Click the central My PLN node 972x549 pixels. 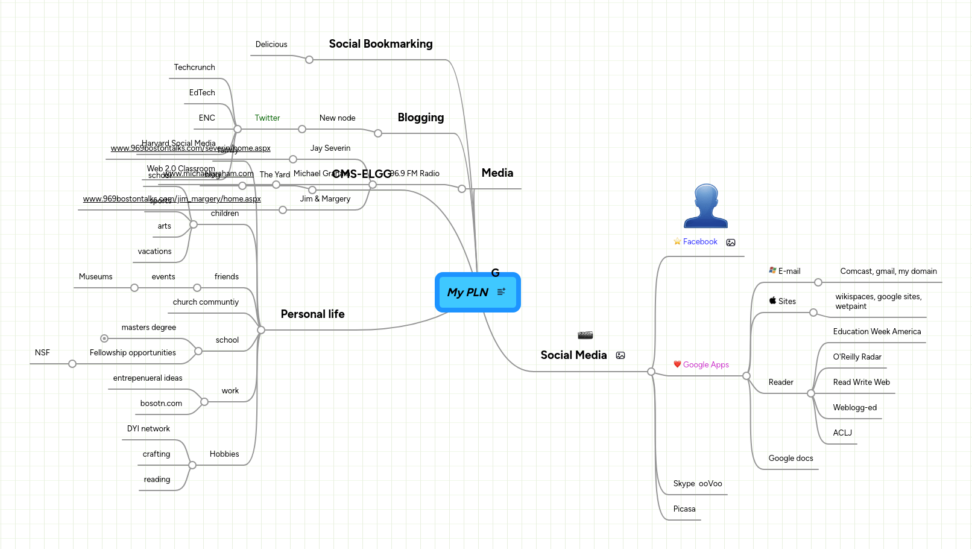click(x=468, y=293)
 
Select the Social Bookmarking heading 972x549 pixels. click(x=380, y=44)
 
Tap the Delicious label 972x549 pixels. click(x=271, y=45)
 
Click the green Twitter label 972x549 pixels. click(x=267, y=118)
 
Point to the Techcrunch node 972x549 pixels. click(x=194, y=68)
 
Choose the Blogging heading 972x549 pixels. click(x=420, y=118)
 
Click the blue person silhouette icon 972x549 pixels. click(x=705, y=206)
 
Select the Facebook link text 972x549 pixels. click(x=699, y=242)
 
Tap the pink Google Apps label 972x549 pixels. click(x=705, y=365)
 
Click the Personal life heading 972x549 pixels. click(x=312, y=314)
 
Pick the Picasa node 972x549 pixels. click(x=684, y=509)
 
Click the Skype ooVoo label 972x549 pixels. click(x=697, y=484)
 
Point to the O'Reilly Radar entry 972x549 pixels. click(x=857, y=357)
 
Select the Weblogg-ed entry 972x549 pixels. click(x=854, y=408)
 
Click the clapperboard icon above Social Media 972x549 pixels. click(x=585, y=335)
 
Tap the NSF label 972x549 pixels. click(x=42, y=353)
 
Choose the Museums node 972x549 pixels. click(x=95, y=277)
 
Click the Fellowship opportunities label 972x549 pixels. click(x=133, y=353)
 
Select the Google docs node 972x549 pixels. click(x=791, y=459)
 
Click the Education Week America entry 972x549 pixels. click(x=877, y=332)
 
